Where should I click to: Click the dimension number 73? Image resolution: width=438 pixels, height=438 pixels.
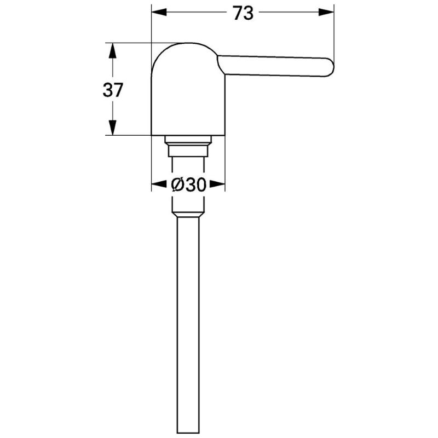pyautogui.click(x=243, y=13)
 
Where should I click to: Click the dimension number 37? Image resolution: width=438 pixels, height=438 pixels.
pyautogui.click(x=113, y=89)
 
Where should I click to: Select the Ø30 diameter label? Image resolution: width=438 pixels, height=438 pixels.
pyautogui.click(x=188, y=185)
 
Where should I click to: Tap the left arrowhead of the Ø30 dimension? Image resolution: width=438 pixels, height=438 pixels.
pyautogui.click(x=157, y=185)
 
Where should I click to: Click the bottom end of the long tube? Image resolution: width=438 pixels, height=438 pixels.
pyautogui.click(x=188, y=431)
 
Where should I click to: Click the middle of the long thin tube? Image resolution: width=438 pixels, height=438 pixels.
pyautogui.click(x=188, y=323)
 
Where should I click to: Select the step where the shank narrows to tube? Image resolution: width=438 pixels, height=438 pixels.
pyautogui.click(x=188, y=215)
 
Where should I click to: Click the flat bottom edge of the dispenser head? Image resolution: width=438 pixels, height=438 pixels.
pyautogui.click(x=188, y=135)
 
